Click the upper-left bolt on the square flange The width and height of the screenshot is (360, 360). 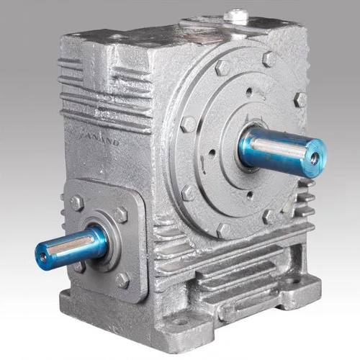point(76,203)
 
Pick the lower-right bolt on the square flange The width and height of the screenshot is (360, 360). point(122,279)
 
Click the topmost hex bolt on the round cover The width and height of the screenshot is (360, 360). point(222,68)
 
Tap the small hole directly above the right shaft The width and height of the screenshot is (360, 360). point(249,92)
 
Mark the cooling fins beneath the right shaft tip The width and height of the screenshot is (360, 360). point(305,198)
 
